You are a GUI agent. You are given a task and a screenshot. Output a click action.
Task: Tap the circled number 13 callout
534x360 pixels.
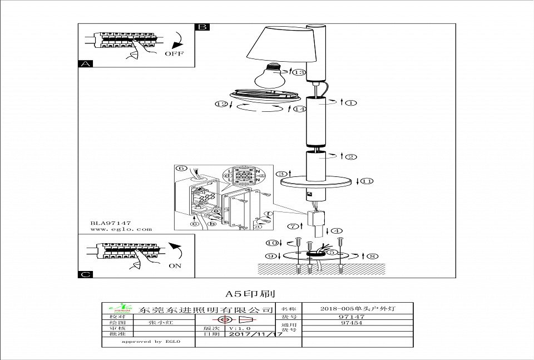point(300,72)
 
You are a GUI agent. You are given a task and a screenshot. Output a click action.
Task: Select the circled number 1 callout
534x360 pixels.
point(352,102)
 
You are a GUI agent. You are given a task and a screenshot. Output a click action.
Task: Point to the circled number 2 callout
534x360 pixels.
point(351,156)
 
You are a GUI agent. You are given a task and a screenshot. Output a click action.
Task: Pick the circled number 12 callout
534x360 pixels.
point(222,103)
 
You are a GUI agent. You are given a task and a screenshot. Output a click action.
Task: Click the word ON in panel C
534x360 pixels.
point(175,265)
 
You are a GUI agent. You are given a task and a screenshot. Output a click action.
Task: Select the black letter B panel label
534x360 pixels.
point(202,27)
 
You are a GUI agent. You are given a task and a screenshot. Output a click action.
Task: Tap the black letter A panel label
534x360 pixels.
point(85,63)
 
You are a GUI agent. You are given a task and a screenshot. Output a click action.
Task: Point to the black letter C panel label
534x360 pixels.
point(85,274)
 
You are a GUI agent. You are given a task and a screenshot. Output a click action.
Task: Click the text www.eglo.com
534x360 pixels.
point(121,229)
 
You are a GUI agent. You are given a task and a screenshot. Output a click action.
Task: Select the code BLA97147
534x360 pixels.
point(111,223)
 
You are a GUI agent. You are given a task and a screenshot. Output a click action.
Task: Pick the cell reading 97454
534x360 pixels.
point(351,322)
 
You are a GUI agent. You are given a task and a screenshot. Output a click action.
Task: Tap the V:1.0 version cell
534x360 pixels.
point(225,328)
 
